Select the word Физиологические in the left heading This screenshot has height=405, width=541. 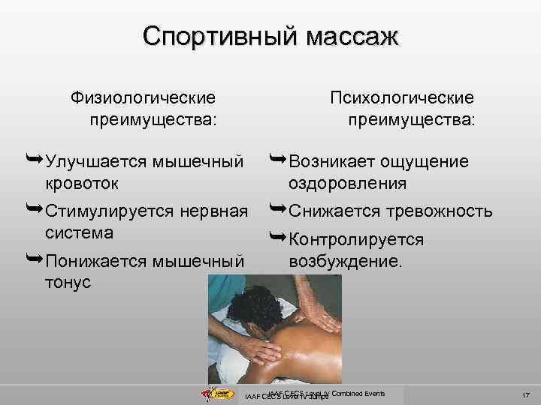(x=143, y=97)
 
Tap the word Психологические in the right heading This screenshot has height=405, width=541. (x=402, y=97)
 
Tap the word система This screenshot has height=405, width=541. (x=79, y=232)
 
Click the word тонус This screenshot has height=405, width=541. (x=68, y=283)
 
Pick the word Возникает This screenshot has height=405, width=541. (x=330, y=161)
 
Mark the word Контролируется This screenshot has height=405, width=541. (x=356, y=240)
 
